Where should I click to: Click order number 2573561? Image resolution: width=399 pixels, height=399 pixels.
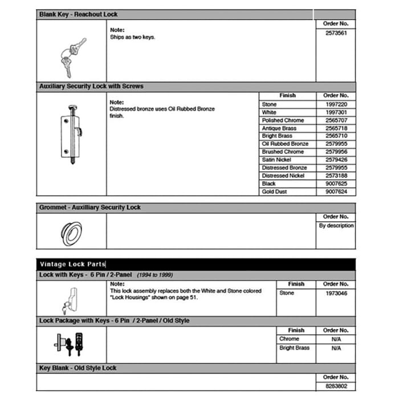coord(335,33)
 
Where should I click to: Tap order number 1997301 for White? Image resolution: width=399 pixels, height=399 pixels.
coord(335,112)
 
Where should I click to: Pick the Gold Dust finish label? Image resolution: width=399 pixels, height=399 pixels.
coord(274,192)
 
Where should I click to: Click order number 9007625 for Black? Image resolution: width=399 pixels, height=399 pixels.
coord(335,184)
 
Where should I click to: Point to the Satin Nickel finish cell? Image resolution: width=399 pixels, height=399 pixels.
coord(276,160)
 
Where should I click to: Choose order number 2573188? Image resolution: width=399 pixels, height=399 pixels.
coord(335,176)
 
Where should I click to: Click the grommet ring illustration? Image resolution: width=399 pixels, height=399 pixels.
coord(72,233)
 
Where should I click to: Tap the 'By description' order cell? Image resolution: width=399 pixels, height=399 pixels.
coord(336,226)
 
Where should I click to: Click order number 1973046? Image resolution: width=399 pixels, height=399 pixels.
coord(335,293)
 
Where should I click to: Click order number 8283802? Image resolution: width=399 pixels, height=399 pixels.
coord(335,385)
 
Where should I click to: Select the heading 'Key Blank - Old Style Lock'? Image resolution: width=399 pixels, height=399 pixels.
coord(78,368)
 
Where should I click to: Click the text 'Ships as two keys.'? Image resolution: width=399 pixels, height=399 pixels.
coord(132,38)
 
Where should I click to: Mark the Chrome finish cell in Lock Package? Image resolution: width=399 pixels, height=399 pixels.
coord(289,339)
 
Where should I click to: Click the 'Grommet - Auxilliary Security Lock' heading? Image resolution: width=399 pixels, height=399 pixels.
coord(89,207)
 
